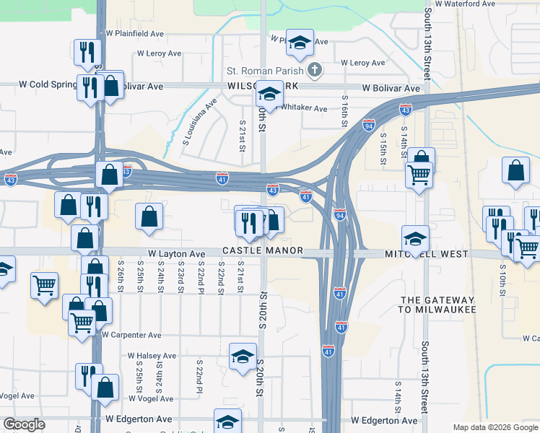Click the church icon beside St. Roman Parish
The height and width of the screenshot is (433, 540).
[x=314, y=71]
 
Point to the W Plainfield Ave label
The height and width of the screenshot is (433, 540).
[x=134, y=33]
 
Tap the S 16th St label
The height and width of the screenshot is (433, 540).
[x=345, y=110]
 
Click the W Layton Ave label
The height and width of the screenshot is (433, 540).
[x=177, y=254]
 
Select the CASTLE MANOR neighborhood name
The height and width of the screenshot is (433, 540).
[x=262, y=251]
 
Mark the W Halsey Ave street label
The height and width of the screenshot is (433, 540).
[x=152, y=356]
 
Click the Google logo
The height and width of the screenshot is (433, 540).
[x=25, y=424]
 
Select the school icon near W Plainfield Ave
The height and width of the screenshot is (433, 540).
[x=299, y=43]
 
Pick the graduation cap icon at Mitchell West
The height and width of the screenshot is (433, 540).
[x=415, y=238]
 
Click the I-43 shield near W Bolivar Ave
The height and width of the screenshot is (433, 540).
[x=406, y=110]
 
